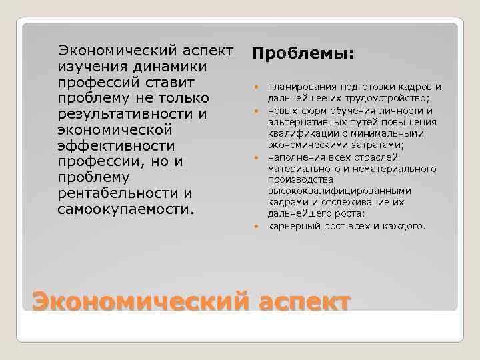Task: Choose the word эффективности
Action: tap(117, 146)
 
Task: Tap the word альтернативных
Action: tap(305, 122)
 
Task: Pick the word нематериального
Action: tap(397, 169)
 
